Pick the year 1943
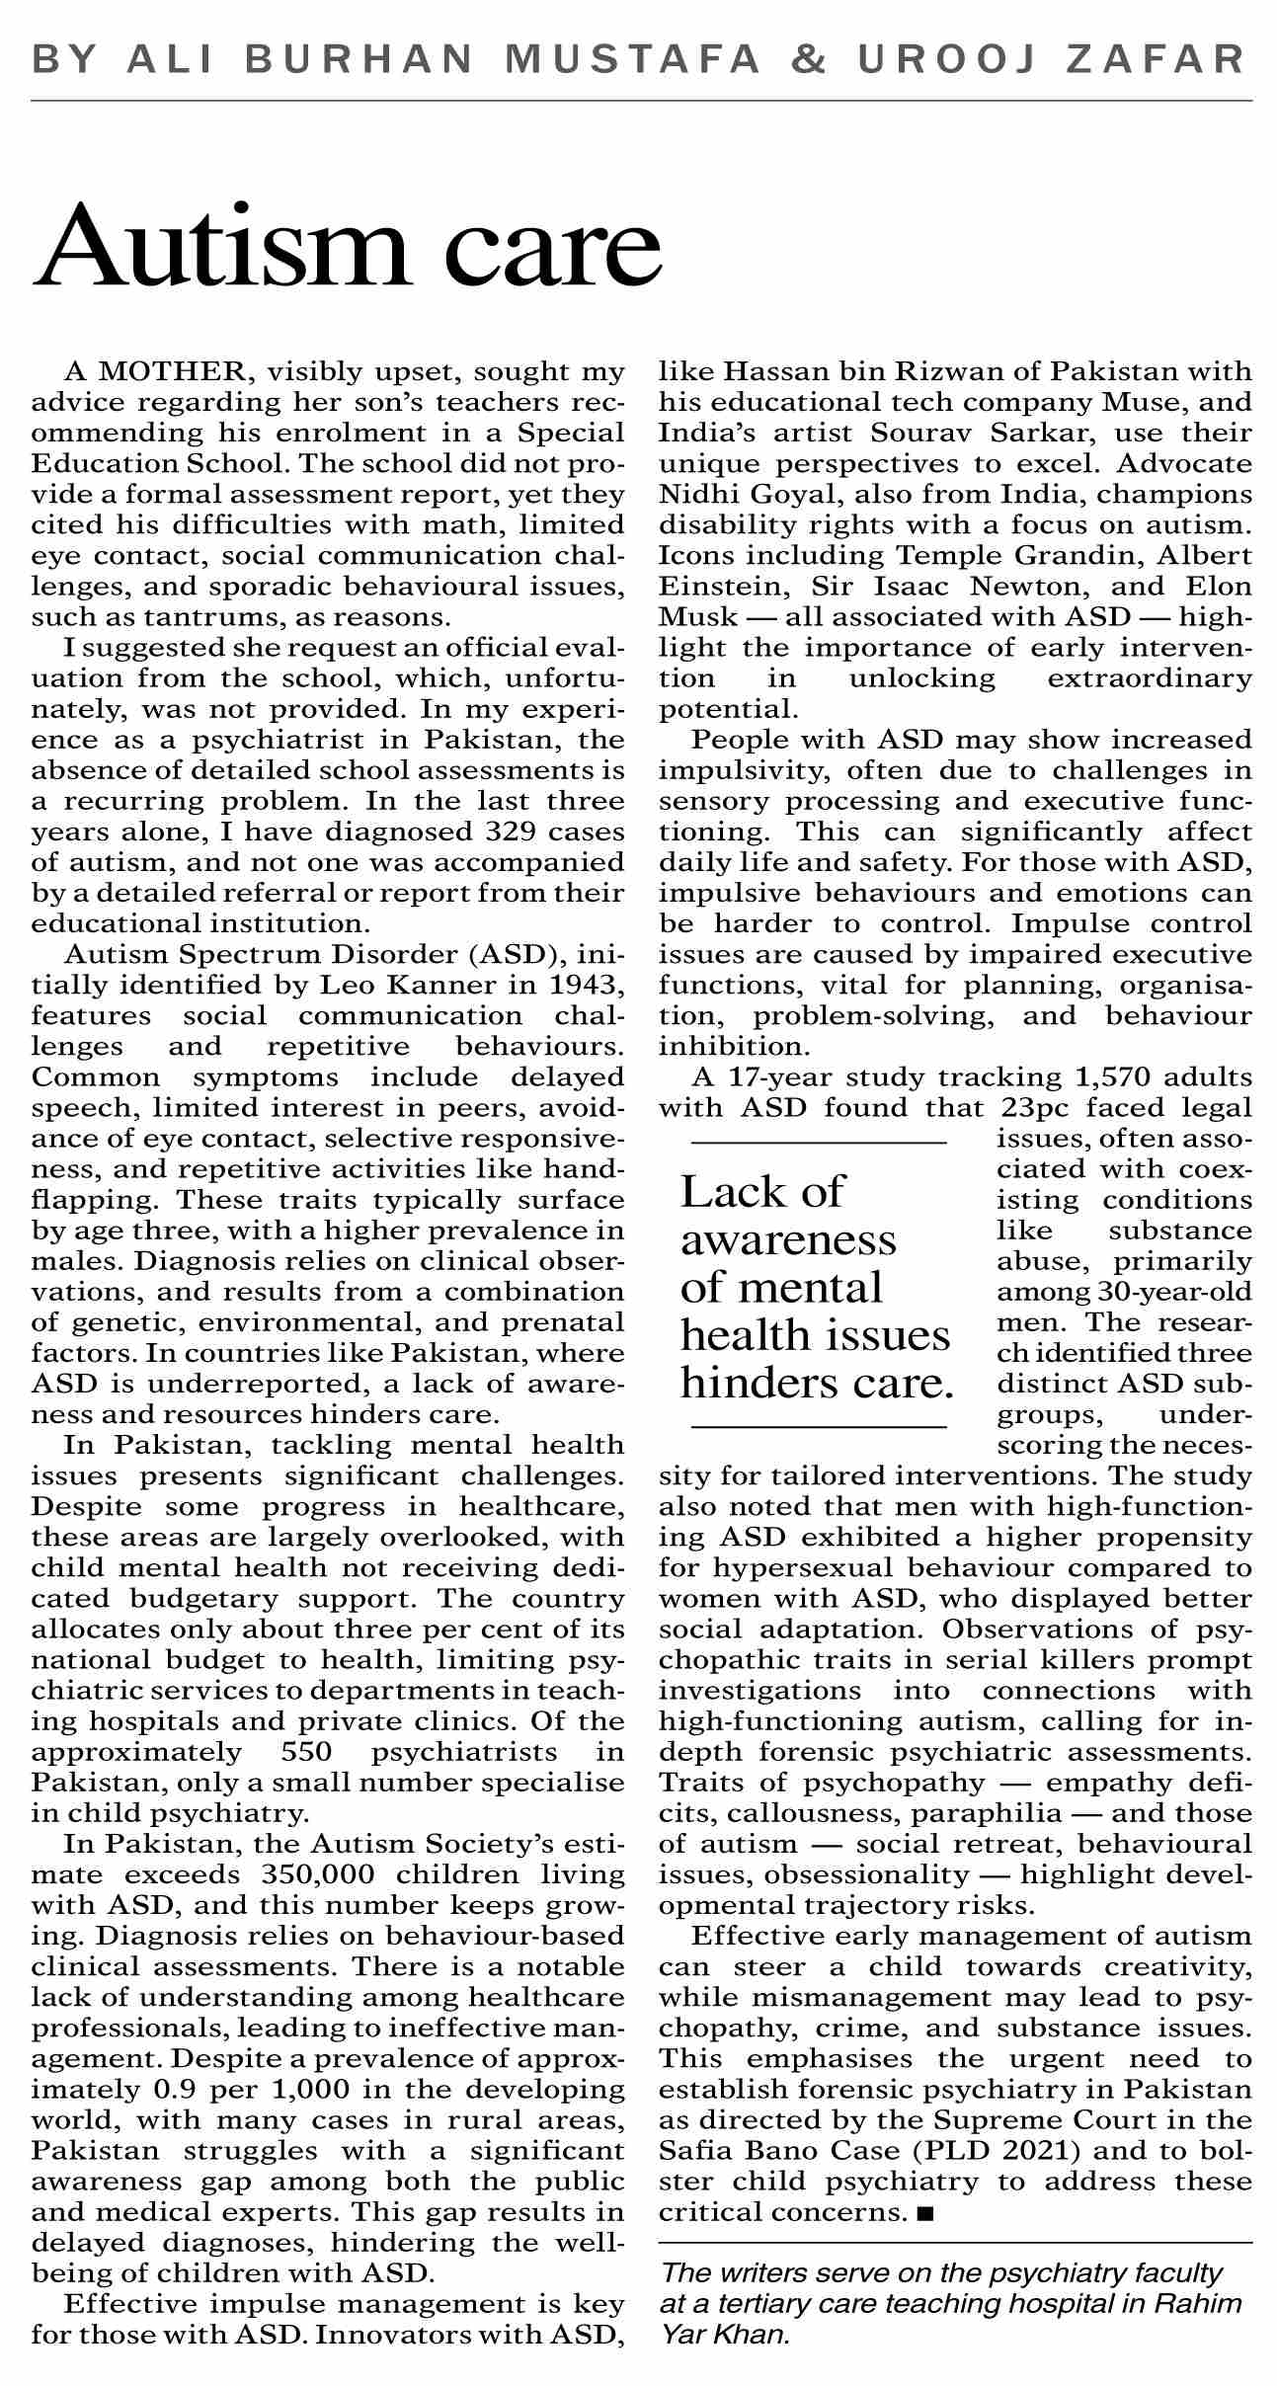589,985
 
